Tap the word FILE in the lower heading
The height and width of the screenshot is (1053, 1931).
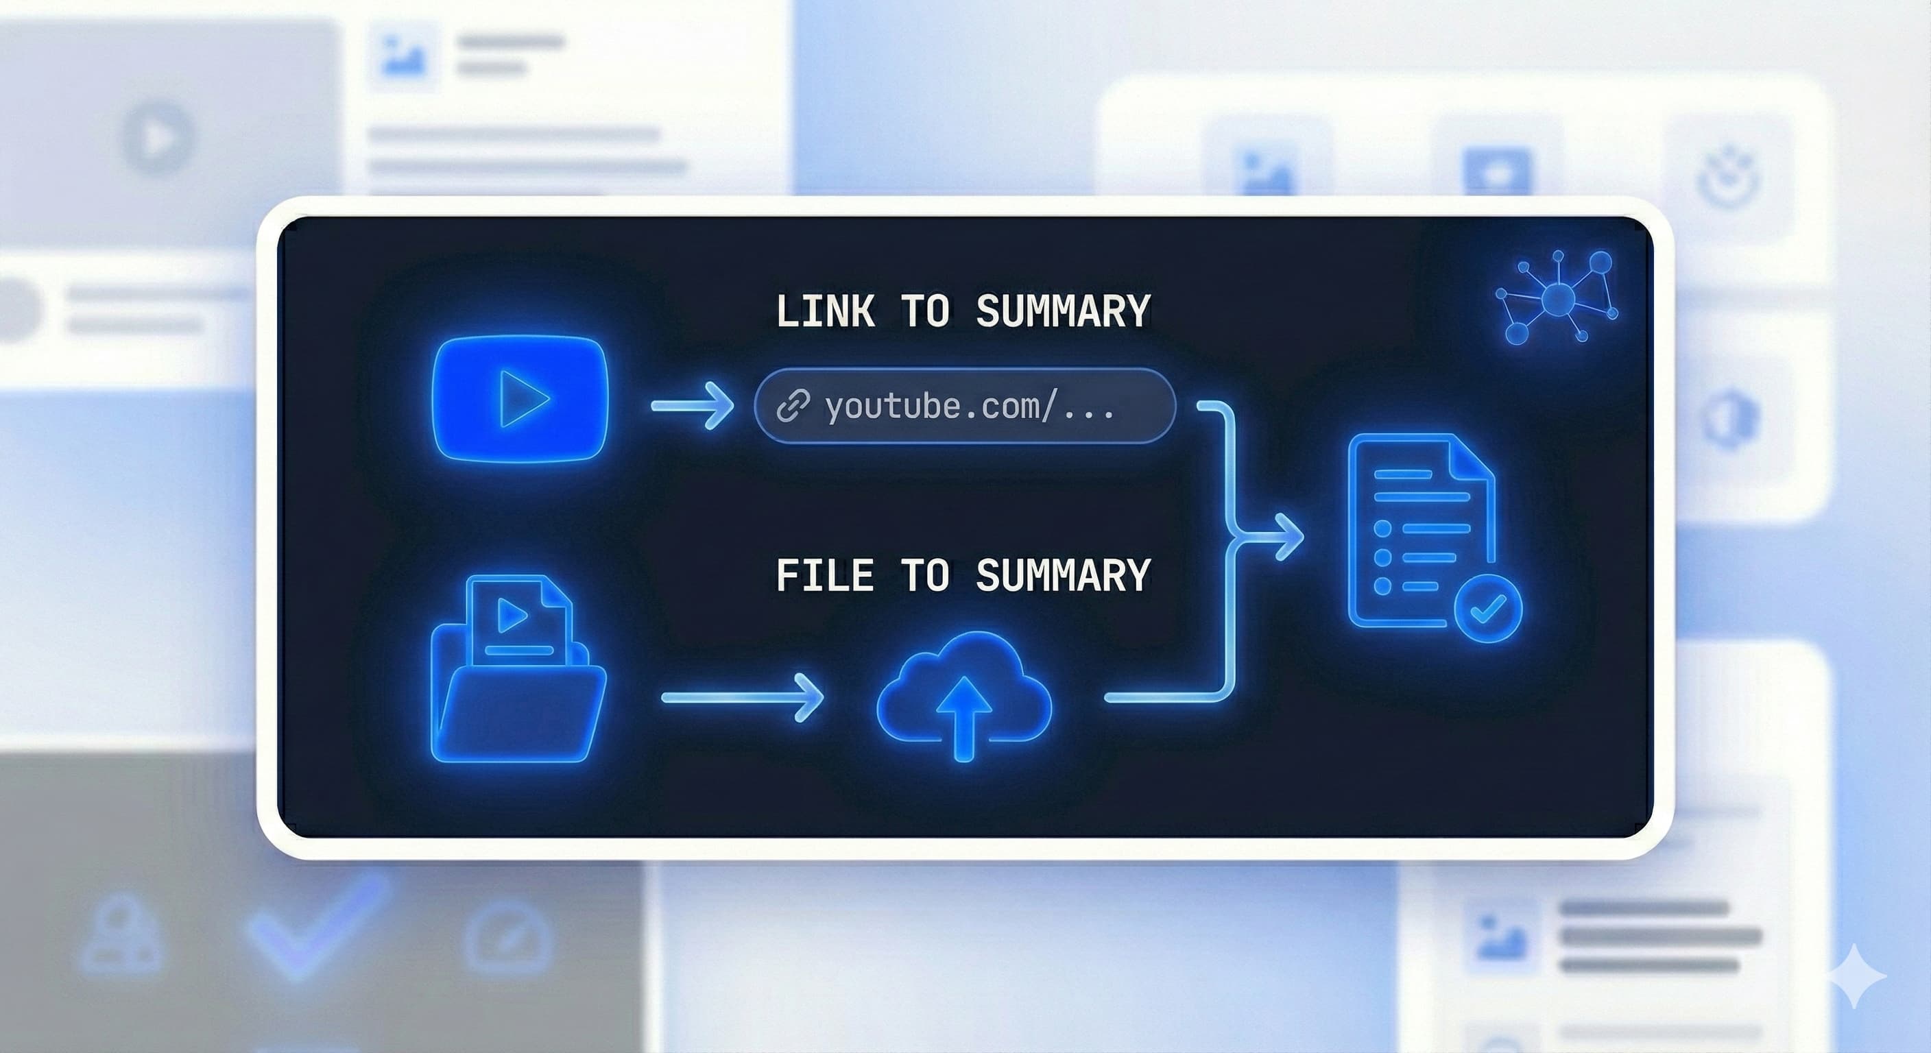tap(824, 576)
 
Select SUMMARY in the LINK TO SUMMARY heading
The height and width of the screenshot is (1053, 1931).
tap(1063, 311)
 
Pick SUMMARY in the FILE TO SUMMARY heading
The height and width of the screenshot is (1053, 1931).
tap(1063, 576)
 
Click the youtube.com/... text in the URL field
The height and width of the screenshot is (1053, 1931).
tap(969, 407)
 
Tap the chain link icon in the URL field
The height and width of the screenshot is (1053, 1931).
tap(792, 407)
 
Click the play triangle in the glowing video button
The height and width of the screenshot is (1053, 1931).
tap(523, 400)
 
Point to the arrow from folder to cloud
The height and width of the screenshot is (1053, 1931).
tap(742, 698)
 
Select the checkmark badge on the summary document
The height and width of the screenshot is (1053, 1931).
tap(1488, 609)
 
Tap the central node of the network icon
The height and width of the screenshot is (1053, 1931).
tap(1559, 299)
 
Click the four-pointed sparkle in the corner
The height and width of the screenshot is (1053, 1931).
tap(1856, 976)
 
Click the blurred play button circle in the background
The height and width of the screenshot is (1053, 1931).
tap(158, 138)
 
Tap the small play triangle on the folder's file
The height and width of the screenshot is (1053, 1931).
tap(513, 616)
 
